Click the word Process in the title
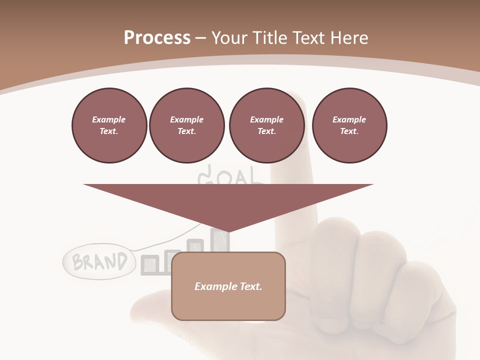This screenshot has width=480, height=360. point(157,38)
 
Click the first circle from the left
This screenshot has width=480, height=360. point(109,125)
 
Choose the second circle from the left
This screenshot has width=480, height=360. point(186,125)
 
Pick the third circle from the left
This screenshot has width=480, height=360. point(266,125)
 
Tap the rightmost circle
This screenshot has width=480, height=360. point(349,125)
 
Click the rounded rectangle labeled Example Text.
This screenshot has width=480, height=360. point(228,286)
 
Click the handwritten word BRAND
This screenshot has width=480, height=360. point(99,261)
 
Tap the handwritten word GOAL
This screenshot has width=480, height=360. point(230,176)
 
